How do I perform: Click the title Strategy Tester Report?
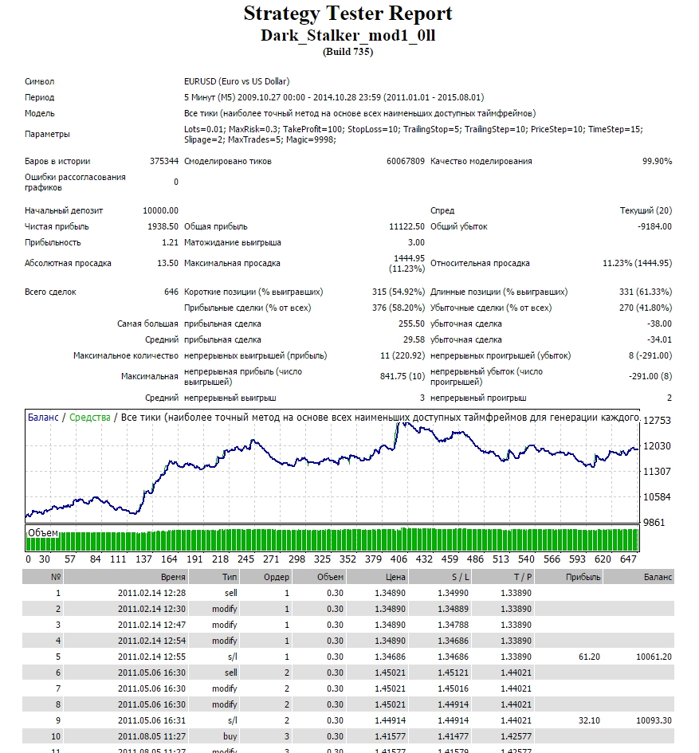pyautogui.click(x=348, y=14)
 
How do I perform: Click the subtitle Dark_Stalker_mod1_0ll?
pyautogui.click(x=348, y=36)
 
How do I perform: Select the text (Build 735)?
pyautogui.click(x=348, y=52)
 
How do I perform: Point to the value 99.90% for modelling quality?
pyautogui.click(x=658, y=161)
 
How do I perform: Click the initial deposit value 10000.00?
pyautogui.click(x=160, y=210)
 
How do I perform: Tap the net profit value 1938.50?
pyautogui.click(x=163, y=226)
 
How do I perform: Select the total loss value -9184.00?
pyautogui.click(x=655, y=226)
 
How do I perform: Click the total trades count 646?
pyautogui.click(x=171, y=292)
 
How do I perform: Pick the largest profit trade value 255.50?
pyautogui.click(x=412, y=324)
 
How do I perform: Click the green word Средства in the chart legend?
pyautogui.click(x=90, y=418)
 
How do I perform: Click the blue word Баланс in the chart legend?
pyautogui.click(x=43, y=418)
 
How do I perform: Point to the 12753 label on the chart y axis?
pyautogui.click(x=657, y=421)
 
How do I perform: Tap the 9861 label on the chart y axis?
pyautogui.click(x=654, y=523)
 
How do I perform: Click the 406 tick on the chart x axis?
pyautogui.click(x=399, y=559)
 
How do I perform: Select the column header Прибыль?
pyautogui.click(x=583, y=577)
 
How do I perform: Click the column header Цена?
pyautogui.click(x=395, y=577)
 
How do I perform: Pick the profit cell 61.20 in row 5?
pyautogui.click(x=590, y=657)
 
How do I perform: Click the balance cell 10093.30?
pyautogui.click(x=654, y=720)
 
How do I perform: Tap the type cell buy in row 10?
pyautogui.click(x=230, y=736)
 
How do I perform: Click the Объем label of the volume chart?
pyautogui.click(x=43, y=533)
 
